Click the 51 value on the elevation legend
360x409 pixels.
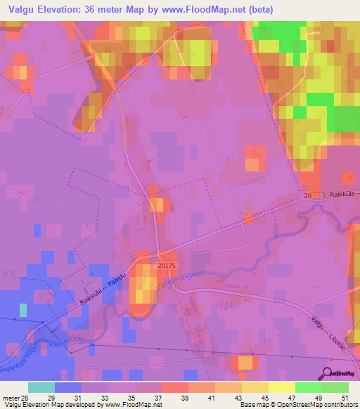tap(344, 397)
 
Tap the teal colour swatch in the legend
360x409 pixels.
tap(41, 387)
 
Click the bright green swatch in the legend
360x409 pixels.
tap(309, 387)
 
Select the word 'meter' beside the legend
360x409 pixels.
tap(10, 397)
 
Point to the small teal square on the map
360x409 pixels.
tap(23, 310)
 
